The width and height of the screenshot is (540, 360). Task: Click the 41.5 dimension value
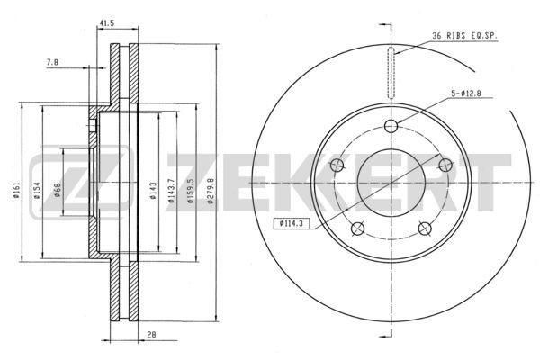[107, 23]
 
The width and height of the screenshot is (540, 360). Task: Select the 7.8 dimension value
[52, 62]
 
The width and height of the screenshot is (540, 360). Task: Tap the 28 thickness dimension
[151, 334]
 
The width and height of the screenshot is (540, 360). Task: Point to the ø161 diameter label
[16, 190]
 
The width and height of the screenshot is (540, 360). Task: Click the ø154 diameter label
[37, 191]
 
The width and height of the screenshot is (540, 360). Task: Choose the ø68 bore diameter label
[58, 190]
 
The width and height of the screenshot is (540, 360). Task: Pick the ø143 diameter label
[153, 191]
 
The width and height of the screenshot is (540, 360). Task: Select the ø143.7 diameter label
[171, 191]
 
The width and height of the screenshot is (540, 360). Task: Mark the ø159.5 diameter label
[192, 191]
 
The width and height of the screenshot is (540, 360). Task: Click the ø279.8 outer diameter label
[211, 191]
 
